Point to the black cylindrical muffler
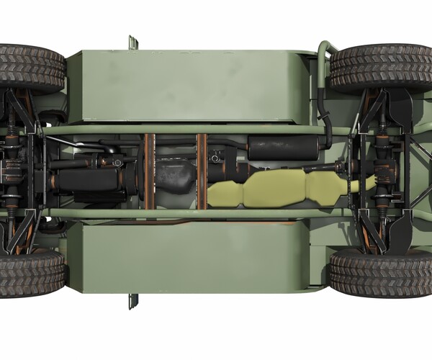coord(284,148)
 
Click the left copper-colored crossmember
coord(150,171)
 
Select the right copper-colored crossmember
coord(202,171)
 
